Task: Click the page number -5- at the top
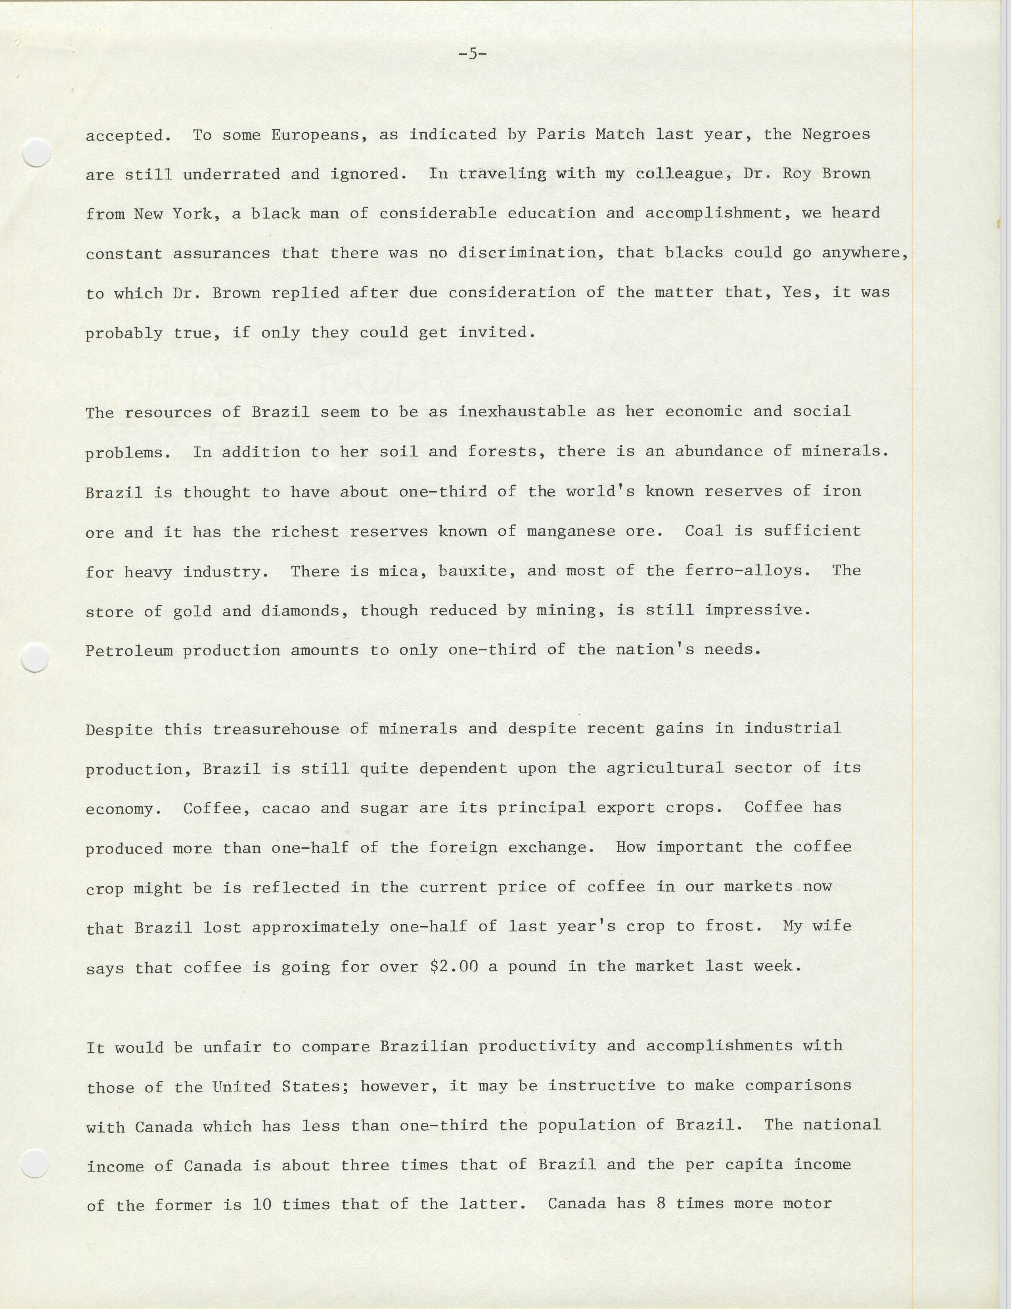472,54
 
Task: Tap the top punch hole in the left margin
36,152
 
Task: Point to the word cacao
286,809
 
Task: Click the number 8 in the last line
661,1204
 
